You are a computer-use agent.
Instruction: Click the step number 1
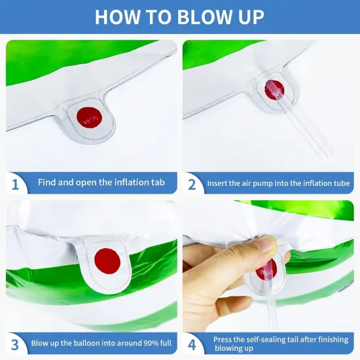click(15, 185)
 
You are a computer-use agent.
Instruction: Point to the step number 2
click(192, 185)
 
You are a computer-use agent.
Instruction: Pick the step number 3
click(15, 345)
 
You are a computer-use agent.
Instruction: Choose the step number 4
click(192, 345)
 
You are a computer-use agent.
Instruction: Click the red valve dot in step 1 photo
click(89, 118)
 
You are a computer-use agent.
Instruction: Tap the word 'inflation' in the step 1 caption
click(129, 183)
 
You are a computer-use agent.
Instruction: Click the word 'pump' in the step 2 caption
click(262, 183)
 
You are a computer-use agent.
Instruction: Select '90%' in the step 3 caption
click(151, 343)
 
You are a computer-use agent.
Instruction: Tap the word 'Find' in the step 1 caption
click(47, 183)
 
